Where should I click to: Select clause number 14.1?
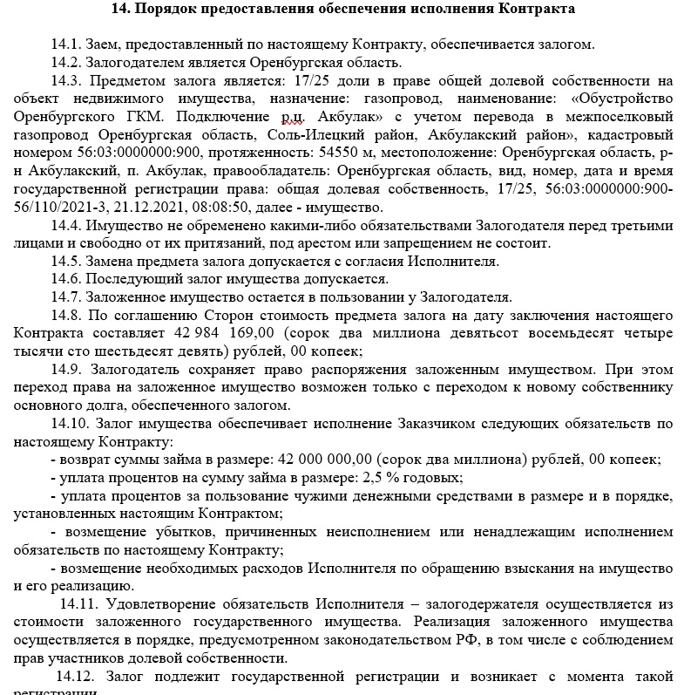click(66, 44)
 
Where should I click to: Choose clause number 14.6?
click(66, 279)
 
